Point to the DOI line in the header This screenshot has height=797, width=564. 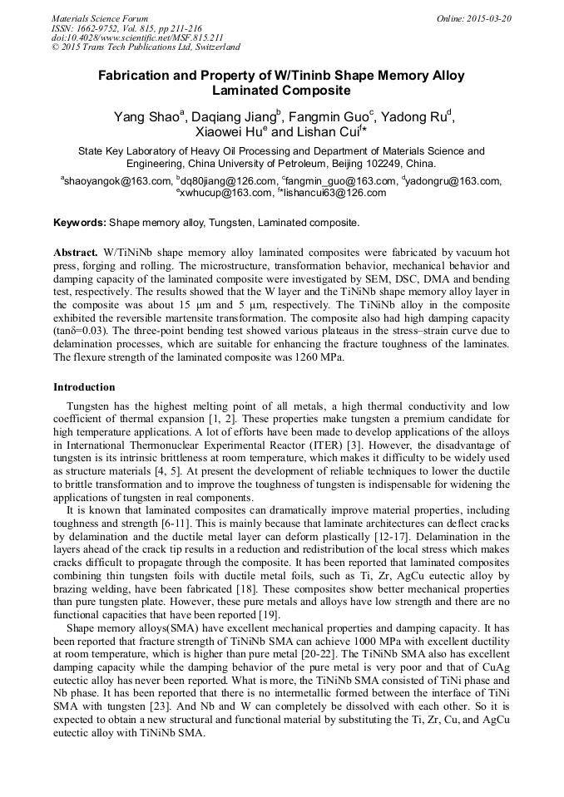pos(137,37)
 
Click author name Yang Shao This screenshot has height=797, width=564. pos(146,117)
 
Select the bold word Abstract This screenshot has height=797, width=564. pos(76,251)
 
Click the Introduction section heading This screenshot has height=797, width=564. pos(84,387)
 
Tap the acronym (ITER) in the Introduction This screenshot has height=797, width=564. pos(317,444)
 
